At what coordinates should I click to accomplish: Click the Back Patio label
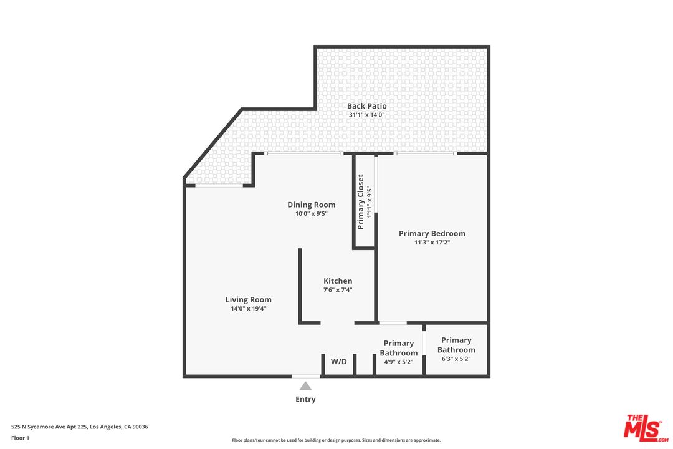[366, 106]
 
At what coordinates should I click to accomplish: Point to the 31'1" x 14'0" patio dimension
[366, 115]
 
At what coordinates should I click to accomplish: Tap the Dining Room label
[311, 205]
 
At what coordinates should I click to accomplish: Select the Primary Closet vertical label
[361, 201]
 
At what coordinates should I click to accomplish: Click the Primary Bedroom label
[432, 234]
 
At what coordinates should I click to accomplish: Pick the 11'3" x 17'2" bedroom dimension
[432, 243]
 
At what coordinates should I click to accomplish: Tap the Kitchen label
[338, 281]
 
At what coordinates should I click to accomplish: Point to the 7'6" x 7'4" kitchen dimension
[338, 290]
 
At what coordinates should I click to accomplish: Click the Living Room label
[248, 300]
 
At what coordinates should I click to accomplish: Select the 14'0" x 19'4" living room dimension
[248, 309]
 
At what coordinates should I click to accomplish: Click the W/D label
[338, 362]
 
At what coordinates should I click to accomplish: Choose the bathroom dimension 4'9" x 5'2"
[398, 362]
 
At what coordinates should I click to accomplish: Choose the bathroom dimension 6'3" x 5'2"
[456, 359]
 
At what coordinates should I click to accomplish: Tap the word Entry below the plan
[305, 399]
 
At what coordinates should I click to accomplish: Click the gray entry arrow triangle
[305, 386]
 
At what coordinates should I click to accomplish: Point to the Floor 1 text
[20, 438]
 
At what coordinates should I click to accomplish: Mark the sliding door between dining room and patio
[303, 153]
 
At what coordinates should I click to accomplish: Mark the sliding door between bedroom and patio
[425, 153]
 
